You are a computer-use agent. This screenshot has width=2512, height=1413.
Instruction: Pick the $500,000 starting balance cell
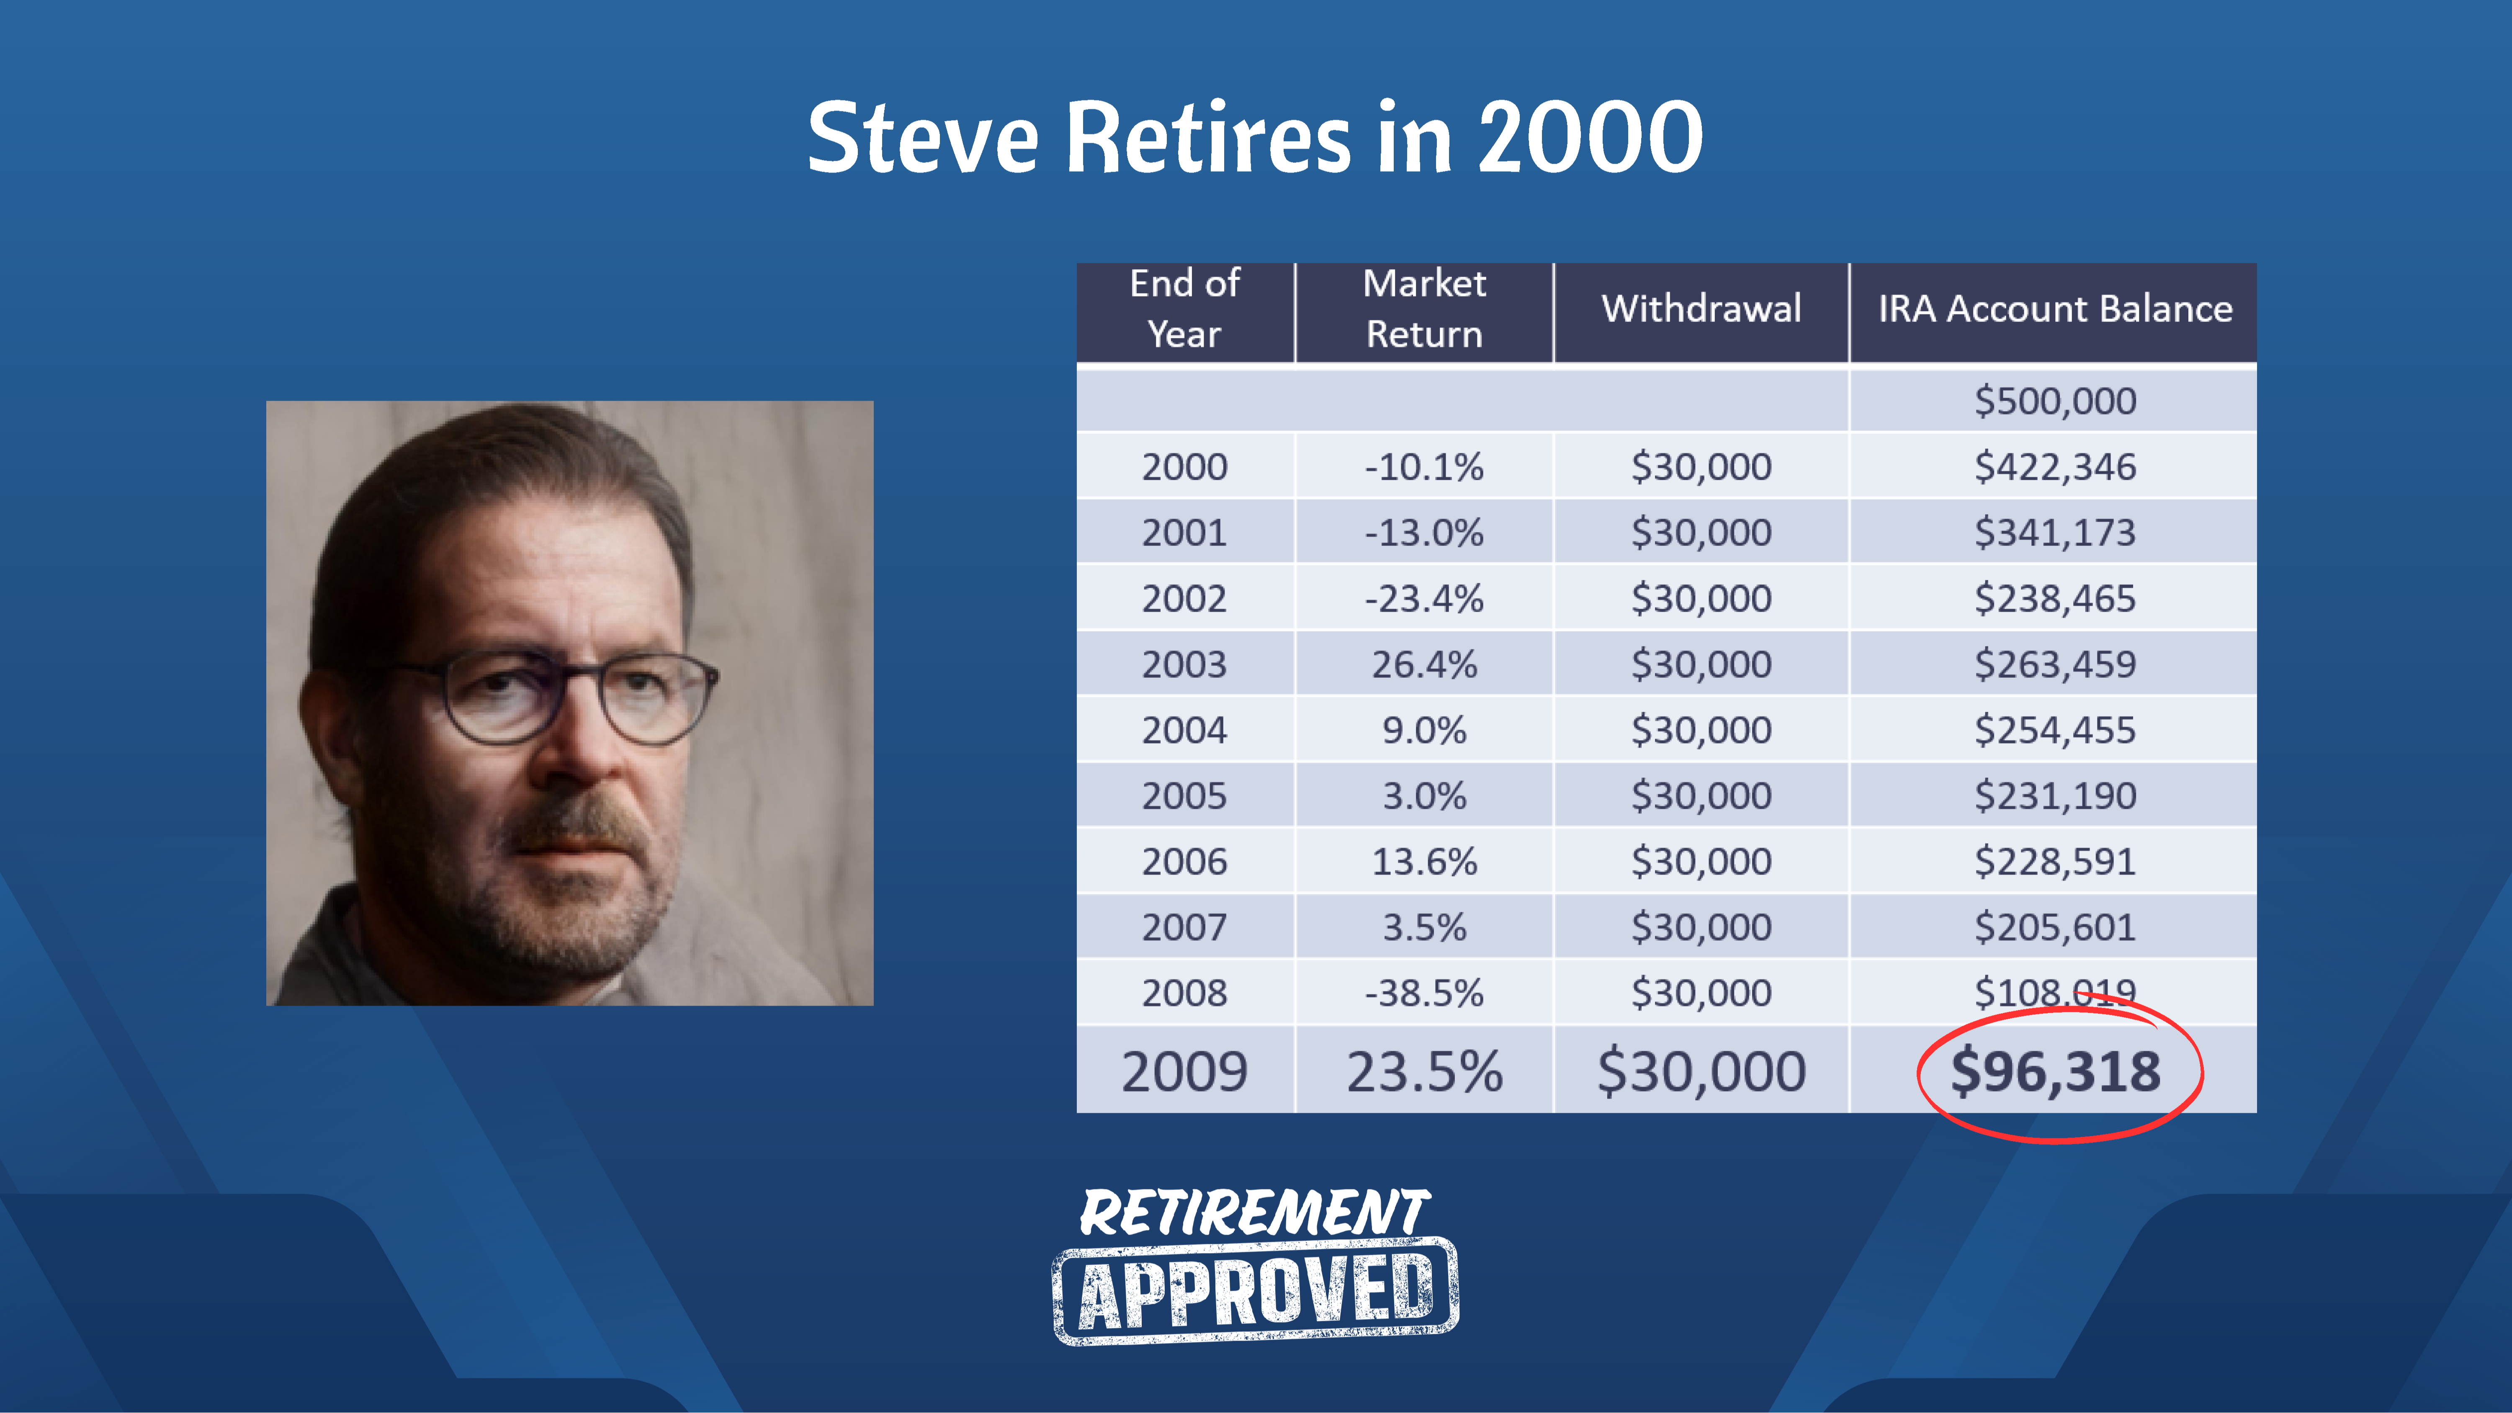2056,401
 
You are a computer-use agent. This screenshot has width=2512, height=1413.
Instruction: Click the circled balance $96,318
2056,1071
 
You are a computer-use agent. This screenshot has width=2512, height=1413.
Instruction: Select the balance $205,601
2056,927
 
